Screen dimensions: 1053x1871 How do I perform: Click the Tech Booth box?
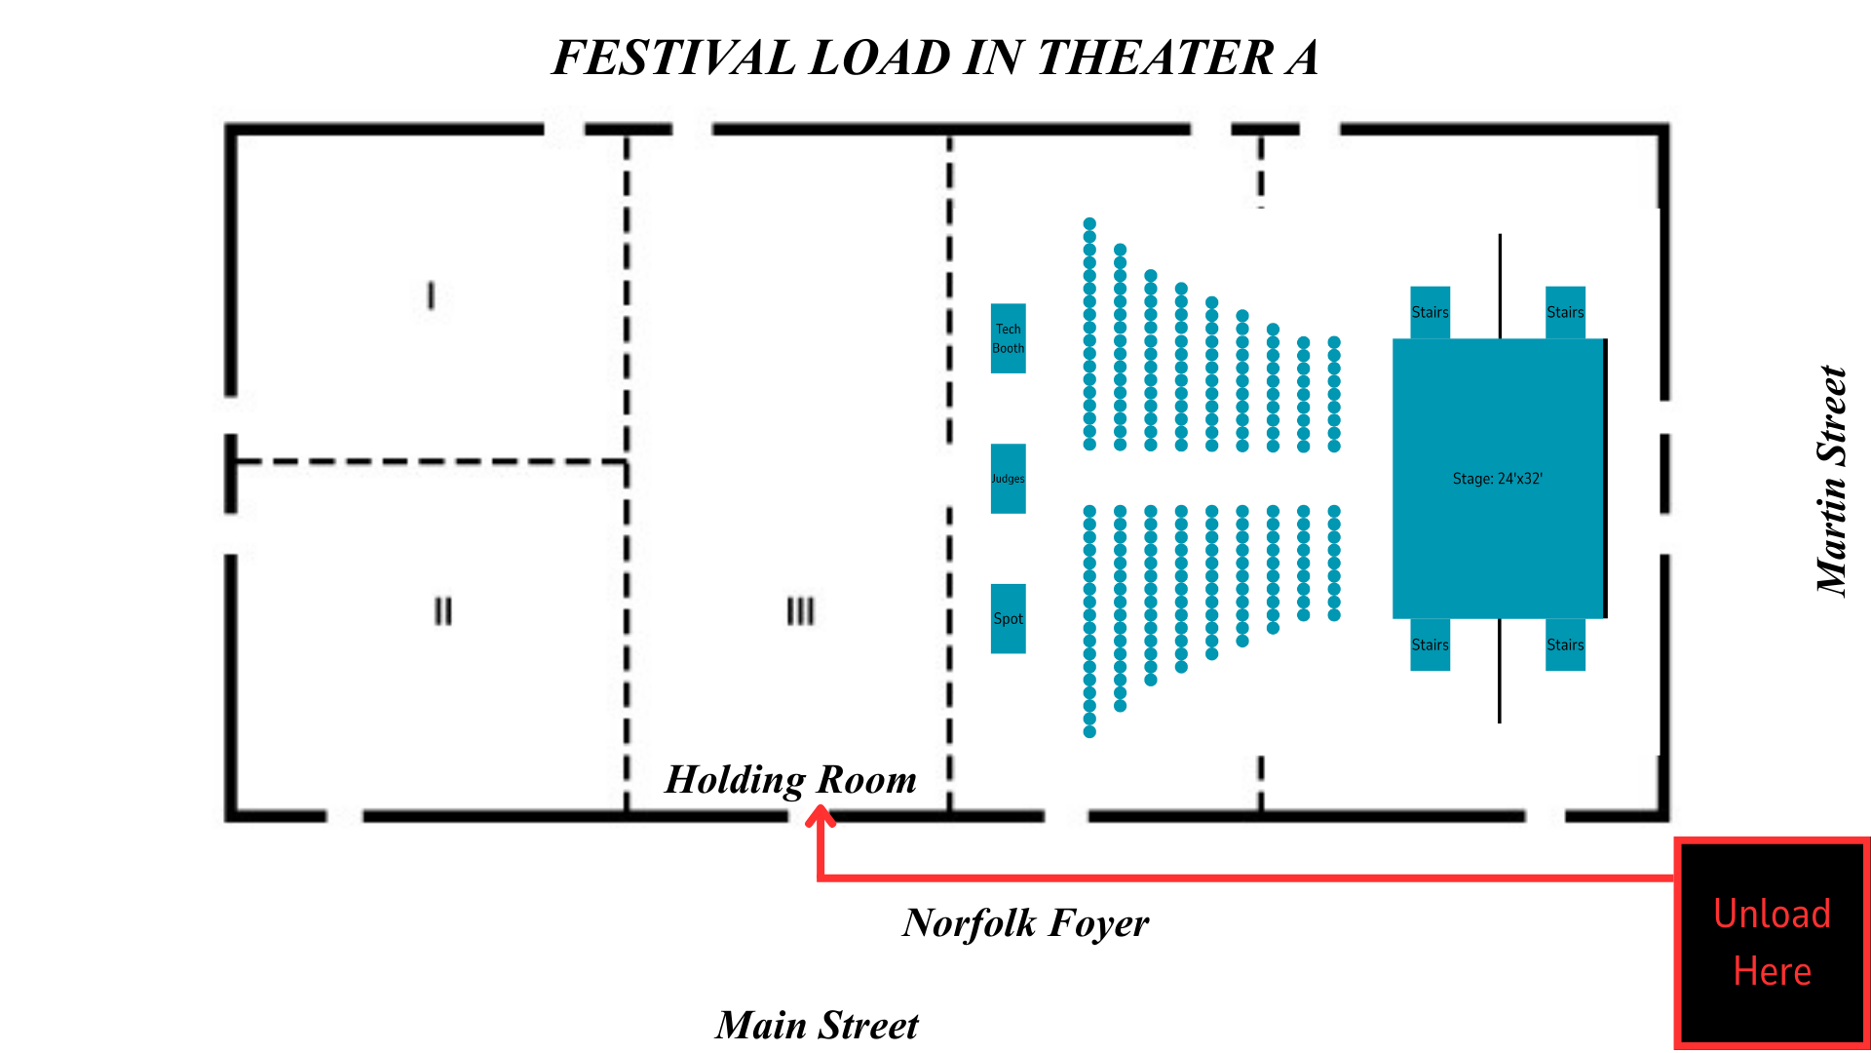click(1008, 338)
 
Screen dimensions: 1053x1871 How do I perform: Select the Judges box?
click(1008, 479)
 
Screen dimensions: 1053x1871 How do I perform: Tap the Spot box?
click(1008, 619)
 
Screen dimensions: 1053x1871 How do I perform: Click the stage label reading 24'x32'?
click(1497, 479)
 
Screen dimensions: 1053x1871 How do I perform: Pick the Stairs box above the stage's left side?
click(1430, 312)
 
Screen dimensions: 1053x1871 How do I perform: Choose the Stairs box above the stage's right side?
click(1565, 312)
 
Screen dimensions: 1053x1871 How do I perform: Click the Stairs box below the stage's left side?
click(1430, 644)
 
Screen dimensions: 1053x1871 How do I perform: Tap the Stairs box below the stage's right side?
click(1565, 644)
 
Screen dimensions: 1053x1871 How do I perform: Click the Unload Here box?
click(1772, 943)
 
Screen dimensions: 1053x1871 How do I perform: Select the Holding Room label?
click(790, 780)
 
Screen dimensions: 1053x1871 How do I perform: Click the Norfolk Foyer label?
click(1025, 923)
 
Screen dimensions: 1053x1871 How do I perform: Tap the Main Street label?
click(817, 1026)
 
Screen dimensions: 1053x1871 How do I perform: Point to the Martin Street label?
click(1832, 480)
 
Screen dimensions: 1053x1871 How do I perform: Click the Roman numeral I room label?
click(431, 295)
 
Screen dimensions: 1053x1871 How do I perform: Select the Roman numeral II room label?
click(442, 611)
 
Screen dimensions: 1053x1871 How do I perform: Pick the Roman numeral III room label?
click(800, 611)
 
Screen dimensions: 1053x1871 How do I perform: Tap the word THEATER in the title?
click(1155, 58)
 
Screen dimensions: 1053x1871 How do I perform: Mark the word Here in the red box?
click(1772, 972)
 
